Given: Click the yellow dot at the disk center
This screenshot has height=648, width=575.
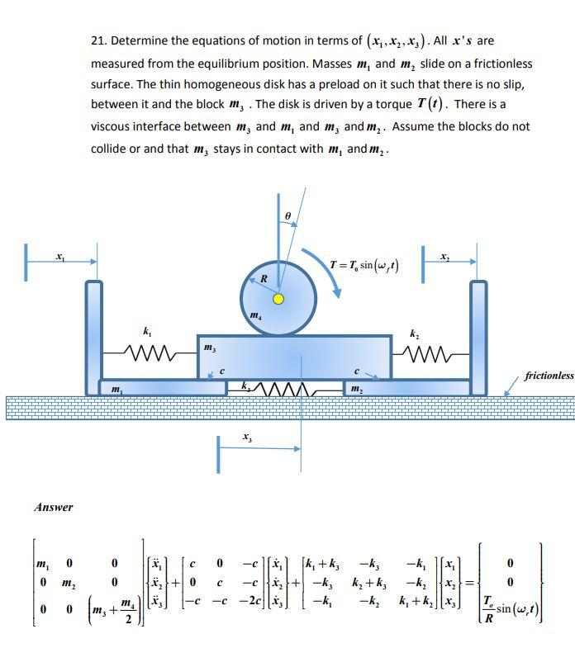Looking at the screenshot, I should click(278, 299).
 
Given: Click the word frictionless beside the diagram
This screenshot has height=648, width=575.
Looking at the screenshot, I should click(549, 376).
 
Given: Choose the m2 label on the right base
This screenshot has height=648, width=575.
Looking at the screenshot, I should click(355, 388).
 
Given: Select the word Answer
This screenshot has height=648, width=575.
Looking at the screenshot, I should click(54, 507).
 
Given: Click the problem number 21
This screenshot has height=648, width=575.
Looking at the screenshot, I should click(98, 40).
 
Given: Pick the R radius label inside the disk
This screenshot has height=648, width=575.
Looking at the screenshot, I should click(263, 279).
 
